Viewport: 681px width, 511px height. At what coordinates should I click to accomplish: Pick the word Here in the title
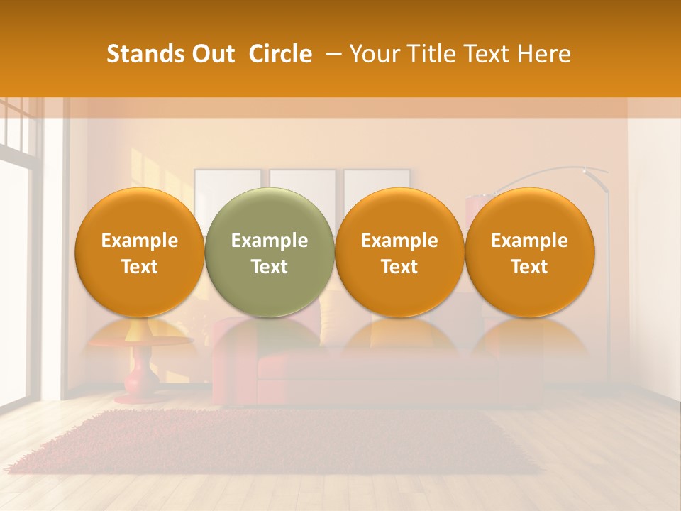[x=545, y=54]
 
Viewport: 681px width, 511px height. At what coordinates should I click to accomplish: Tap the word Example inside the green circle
[x=270, y=241]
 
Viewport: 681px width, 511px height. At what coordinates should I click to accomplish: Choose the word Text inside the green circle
[x=270, y=267]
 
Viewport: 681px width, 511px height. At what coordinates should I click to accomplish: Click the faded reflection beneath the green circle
[x=270, y=337]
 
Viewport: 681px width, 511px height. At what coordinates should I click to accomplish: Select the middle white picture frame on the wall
[x=303, y=180]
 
